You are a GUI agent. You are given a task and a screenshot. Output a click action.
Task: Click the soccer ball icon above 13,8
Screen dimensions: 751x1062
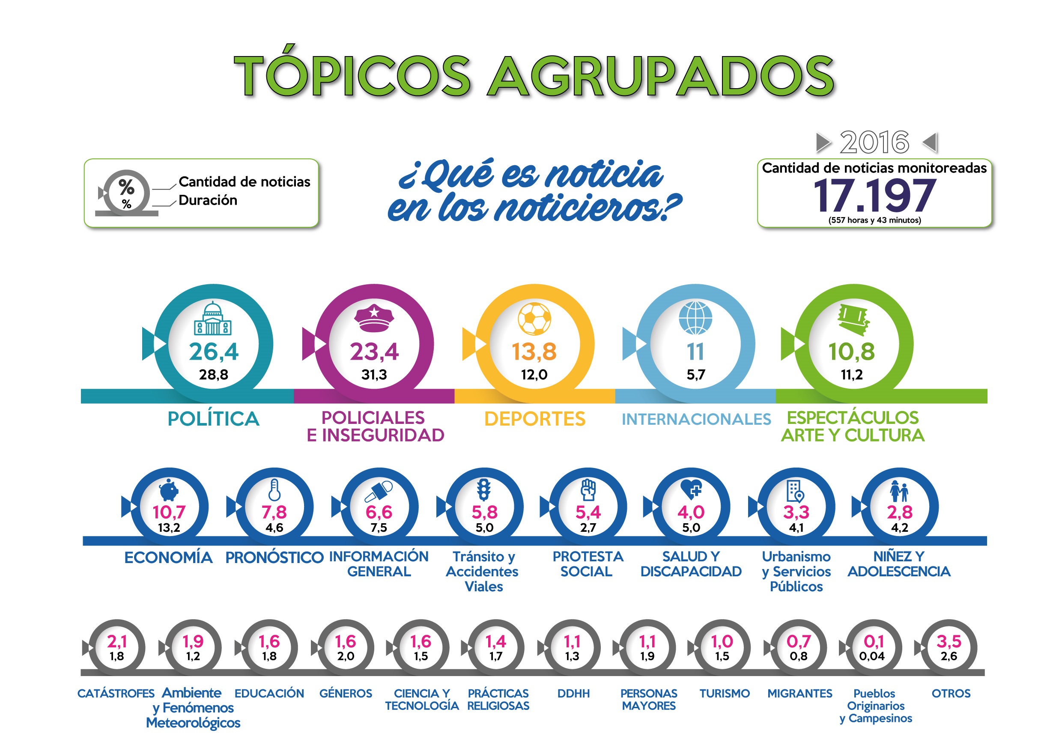coord(534,319)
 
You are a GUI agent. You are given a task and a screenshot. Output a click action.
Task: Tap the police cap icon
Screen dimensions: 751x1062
coord(374,318)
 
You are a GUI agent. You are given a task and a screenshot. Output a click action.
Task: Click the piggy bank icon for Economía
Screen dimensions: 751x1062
coord(169,489)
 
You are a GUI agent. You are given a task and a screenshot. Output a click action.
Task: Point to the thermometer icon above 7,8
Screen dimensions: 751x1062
coord(274,490)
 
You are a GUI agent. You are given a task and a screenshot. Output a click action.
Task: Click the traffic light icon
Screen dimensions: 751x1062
coord(484,490)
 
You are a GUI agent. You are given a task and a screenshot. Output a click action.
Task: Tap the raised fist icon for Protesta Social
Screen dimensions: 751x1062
coord(588,490)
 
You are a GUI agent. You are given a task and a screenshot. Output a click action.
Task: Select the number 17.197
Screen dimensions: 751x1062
coord(874,196)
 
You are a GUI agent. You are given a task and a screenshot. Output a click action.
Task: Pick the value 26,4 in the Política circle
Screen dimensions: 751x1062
coord(214,352)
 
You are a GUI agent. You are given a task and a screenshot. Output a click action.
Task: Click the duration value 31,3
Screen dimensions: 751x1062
coord(374,375)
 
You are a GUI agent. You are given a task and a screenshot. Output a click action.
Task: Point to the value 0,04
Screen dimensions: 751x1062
coord(872,656)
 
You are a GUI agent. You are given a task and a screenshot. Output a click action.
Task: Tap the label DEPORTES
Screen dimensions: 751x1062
coord(535,419)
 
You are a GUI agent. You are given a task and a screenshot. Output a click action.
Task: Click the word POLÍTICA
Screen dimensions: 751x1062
coord(214,419)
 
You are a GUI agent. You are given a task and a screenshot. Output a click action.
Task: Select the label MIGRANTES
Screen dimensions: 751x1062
coord(800,694)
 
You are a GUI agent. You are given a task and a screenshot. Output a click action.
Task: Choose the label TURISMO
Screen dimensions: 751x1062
coord(724,694)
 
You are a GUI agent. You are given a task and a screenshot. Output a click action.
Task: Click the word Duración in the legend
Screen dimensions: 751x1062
coord(208,200)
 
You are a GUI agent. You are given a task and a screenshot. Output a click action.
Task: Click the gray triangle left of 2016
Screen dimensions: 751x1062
coord(823,143)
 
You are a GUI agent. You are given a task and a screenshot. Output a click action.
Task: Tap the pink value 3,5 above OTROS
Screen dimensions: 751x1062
coord(949,641)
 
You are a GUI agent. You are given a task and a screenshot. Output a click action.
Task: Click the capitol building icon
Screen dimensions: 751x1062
coord(213,318)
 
